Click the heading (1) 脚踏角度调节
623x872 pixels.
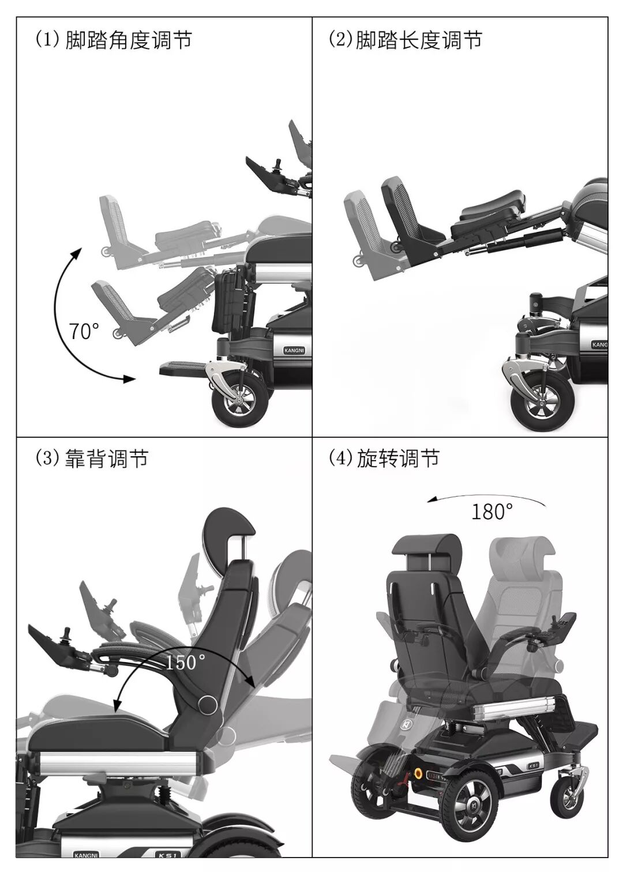pos(113,40)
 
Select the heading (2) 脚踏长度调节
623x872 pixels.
pos(405,40)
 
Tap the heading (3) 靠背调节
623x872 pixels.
pos(92,458)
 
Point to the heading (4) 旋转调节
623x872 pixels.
pos(384,458)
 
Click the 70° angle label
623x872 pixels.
pos(84,331)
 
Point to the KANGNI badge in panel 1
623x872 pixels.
pos(295,350)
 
